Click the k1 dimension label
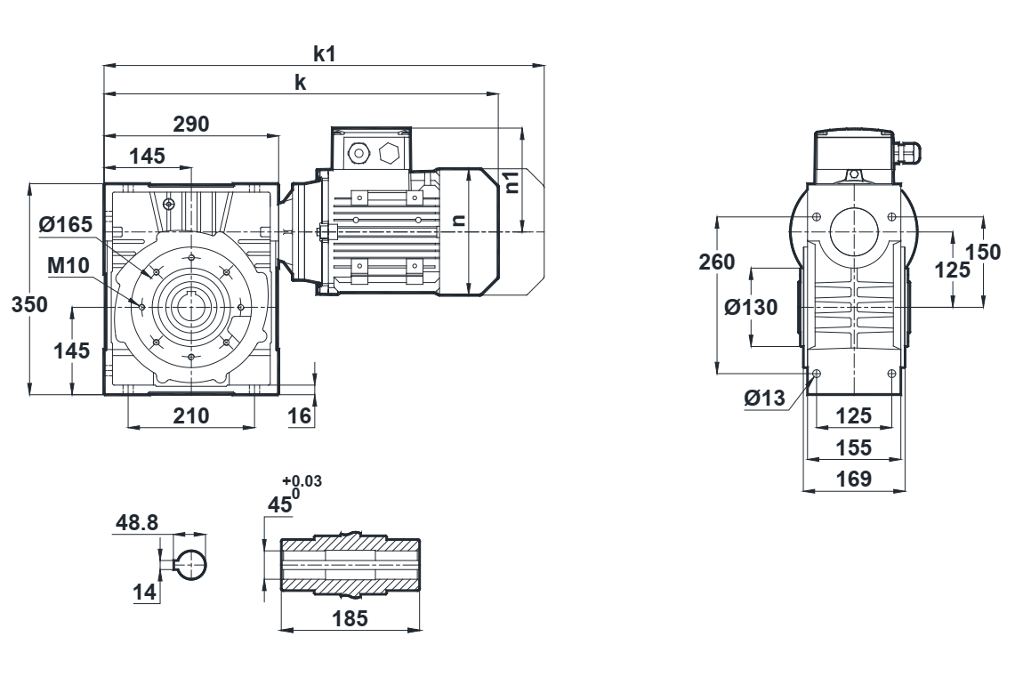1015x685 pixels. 325,53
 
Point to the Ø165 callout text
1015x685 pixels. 65,225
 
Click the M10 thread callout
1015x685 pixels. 68,266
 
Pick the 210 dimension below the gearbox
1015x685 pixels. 190,415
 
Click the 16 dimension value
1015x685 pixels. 299,415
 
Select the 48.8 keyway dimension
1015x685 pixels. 136,523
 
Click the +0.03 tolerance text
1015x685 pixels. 302,481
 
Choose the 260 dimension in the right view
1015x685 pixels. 718,262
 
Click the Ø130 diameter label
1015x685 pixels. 752,307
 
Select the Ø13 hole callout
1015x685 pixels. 766,399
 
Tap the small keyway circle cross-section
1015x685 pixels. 191,563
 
